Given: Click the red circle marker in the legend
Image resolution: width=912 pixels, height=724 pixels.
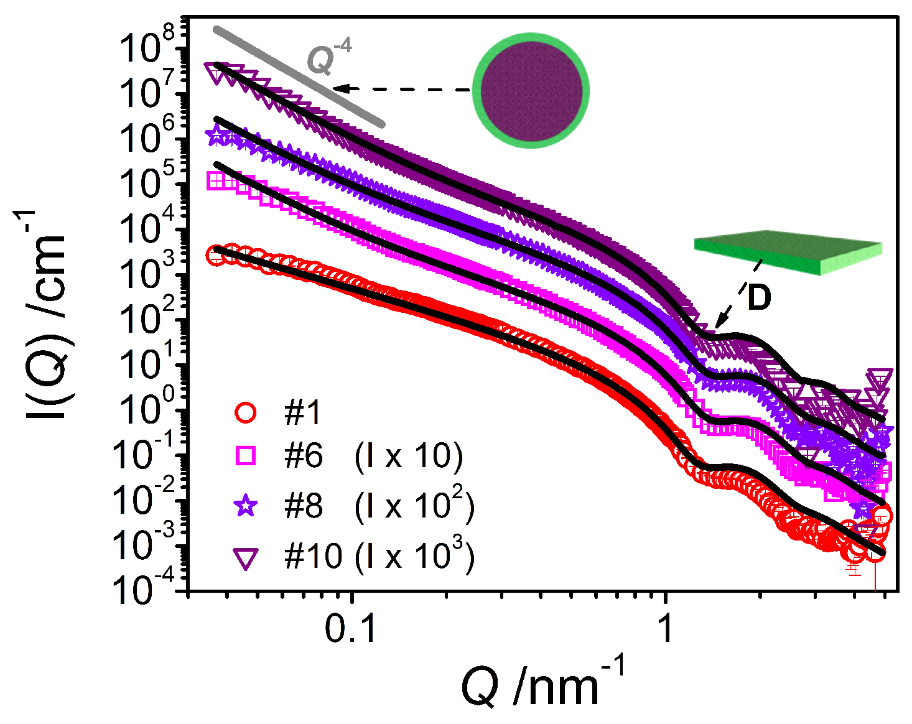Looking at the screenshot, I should (246, 412).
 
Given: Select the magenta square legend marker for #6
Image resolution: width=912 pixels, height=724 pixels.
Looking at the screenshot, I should (246, 457).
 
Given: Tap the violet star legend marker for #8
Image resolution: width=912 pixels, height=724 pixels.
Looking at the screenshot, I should (246, 506).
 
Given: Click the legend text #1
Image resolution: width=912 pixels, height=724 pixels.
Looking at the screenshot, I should (302, 412).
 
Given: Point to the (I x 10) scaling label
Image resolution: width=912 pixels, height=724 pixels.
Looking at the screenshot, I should (409, 457).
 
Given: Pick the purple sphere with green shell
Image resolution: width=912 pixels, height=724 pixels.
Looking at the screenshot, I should (531, 90).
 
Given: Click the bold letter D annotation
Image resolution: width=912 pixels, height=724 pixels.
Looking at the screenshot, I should (759, 298).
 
